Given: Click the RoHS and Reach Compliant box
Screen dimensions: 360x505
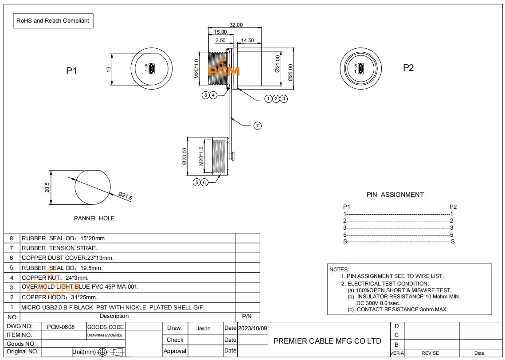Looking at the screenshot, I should (53, 21).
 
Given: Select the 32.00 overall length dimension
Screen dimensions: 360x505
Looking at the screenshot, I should (236, 25).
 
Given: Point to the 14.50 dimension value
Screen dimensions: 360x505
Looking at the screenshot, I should (247, 40).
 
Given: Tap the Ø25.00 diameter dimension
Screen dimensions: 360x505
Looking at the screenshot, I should (290, 72).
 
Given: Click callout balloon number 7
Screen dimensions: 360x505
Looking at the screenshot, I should (257, 126).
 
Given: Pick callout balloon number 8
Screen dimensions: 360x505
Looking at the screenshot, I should (205, 95).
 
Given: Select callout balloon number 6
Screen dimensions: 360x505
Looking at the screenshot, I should (204, 182).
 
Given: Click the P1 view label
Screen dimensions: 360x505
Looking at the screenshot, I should (72, 70).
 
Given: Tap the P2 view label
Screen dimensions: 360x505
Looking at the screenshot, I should (408, 68).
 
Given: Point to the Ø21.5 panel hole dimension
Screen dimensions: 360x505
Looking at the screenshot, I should (125, 196).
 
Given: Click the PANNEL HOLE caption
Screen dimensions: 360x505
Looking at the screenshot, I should (94, 218).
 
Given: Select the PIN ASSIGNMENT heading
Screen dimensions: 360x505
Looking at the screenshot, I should (395, 194).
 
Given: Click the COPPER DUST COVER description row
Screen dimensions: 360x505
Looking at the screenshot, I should (68, 258).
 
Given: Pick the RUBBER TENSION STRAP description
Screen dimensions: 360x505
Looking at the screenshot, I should (59, 248).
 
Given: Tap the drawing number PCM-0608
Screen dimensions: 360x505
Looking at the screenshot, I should (61, 327).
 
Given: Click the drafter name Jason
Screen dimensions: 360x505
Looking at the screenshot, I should (203, 329).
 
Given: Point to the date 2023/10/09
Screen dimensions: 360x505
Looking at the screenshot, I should (253, 328).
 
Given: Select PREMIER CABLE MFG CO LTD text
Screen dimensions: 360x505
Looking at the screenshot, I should (327, 341).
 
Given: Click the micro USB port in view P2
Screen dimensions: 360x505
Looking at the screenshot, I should (361, 69).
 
